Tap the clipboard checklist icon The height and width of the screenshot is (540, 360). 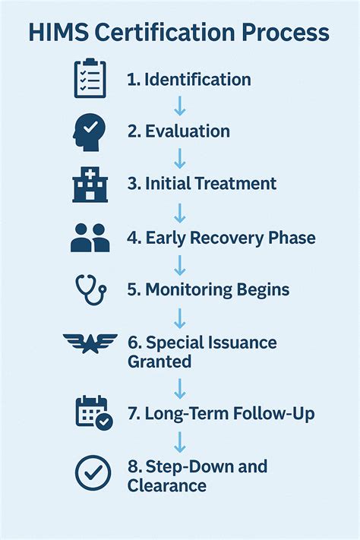(90, 79)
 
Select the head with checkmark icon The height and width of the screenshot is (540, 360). (89, 131)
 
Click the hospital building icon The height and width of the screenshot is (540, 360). (90, 184)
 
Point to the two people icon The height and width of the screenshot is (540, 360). (90, 237)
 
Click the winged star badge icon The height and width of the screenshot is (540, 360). (90, 343)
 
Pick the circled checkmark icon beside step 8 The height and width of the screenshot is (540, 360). (93, 473)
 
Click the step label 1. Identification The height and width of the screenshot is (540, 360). (188, 79)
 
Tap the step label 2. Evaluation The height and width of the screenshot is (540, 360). (178, 131)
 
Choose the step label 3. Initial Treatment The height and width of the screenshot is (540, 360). (201, 184)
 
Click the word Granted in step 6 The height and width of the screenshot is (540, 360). (159, 362)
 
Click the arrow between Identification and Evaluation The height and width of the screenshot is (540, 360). (180, 105)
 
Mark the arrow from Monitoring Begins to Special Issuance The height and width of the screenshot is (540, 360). (180, 316)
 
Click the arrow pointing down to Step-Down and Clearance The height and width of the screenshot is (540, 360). (180, 441)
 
